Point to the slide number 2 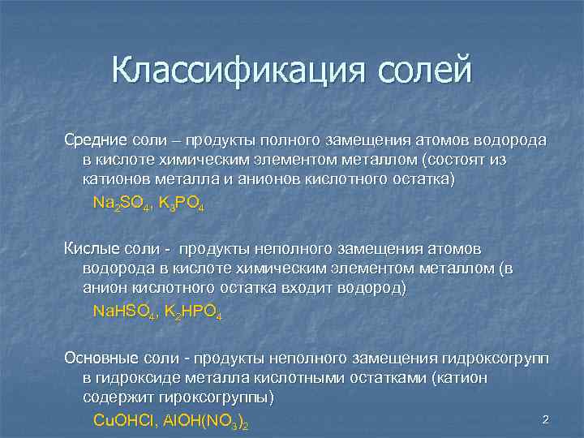(x=546, y=419)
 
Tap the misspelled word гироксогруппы (x=217, y=397)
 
